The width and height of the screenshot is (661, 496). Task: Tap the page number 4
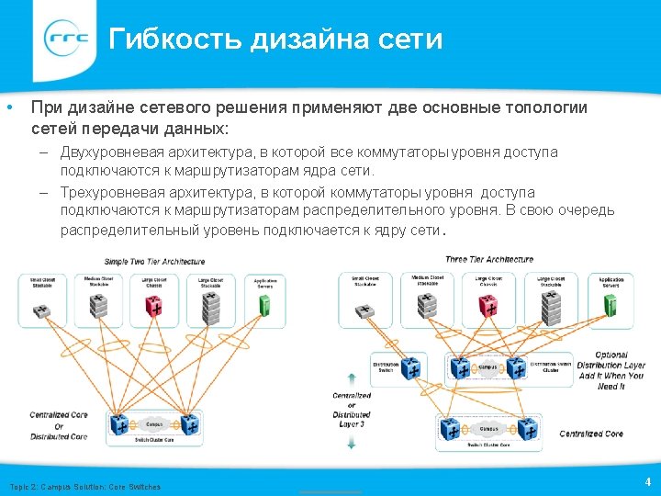click(647, 481)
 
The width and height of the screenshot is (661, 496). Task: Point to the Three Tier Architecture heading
click(488, 260)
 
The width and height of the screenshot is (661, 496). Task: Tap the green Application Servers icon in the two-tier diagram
click(264, 307)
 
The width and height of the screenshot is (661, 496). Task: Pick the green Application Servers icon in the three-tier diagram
click(611, 307)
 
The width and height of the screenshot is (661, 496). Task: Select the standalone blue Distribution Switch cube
click(411, 370)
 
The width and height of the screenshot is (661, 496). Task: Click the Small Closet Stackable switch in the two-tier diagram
click(42, 310)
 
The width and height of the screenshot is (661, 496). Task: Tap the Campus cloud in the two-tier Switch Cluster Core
click(154, 424)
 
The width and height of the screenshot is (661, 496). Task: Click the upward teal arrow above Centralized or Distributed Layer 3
click(352, 377)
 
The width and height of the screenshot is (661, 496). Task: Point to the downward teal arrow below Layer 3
click(352, 444)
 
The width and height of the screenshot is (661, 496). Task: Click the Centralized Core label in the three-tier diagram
click(591, 434)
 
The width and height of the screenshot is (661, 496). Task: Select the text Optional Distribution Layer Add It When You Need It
click(610, 370)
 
